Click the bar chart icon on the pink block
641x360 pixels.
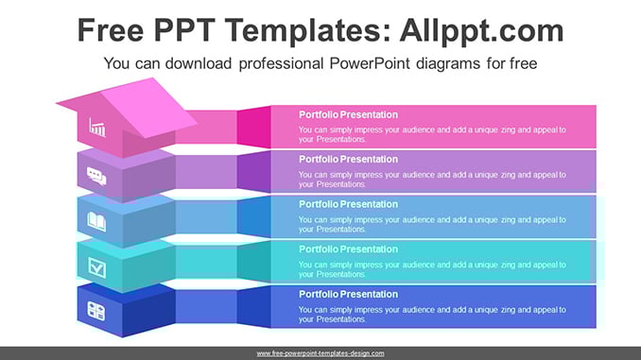point(97,127)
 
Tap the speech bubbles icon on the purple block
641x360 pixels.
point(96,176)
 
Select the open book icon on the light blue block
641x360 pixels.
point(96,222)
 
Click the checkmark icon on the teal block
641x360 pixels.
point(96,267)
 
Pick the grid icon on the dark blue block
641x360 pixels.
point(96,311)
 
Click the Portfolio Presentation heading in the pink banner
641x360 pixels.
point(348,115)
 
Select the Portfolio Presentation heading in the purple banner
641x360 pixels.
point(348,160)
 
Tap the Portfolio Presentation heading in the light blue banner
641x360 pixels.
point(348,204)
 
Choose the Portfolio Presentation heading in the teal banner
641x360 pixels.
point(348,249)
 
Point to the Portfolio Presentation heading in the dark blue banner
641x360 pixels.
point(348,294)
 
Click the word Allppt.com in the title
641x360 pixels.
point(481,30)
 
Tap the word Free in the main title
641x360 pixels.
point(111,30)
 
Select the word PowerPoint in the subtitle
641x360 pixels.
point(369,63)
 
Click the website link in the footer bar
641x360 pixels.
point(320,353)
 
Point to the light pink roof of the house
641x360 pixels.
point(148,107)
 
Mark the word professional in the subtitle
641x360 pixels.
point(281,63)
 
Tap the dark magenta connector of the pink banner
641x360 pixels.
point(254,127)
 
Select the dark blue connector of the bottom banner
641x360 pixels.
point(254,306)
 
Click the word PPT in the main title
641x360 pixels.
point(184,30)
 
